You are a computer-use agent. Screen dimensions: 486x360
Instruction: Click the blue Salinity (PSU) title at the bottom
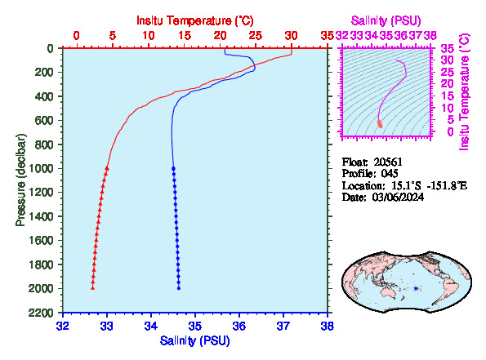[x=195, y=340]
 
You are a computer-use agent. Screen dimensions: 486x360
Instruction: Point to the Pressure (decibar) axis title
[x=20, y=180]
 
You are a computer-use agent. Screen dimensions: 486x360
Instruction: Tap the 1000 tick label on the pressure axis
[x=41, y=168]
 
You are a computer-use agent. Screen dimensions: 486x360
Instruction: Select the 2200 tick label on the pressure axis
[x=41, y=313]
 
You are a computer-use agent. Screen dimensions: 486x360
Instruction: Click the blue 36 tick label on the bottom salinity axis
[x=239, y=327]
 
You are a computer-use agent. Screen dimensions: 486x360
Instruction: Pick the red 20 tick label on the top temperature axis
[x=220, y=36]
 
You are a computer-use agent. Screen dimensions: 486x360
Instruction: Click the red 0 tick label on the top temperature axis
[x=77, y=36]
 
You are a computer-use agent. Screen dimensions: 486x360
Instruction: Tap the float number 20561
[x=388, y=162]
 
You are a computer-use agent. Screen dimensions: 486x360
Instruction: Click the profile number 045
[x=390, y=174]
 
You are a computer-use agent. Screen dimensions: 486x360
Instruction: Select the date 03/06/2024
[x=398, y=197]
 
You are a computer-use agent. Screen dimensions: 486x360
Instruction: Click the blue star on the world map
[x=416, y=288]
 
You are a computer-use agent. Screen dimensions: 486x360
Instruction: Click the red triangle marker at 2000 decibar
[x=92, y=288]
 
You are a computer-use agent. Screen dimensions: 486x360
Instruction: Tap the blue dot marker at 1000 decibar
[x=173, y=168]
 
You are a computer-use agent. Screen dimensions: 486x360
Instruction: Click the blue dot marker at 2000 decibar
[x=179, y=288]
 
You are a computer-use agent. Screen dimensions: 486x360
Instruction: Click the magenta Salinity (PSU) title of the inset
[x=386, y=20]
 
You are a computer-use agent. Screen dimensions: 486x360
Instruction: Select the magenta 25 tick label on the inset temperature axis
[x=448, y=72]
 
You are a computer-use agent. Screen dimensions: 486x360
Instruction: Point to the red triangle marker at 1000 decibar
[x=107, y=168]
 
